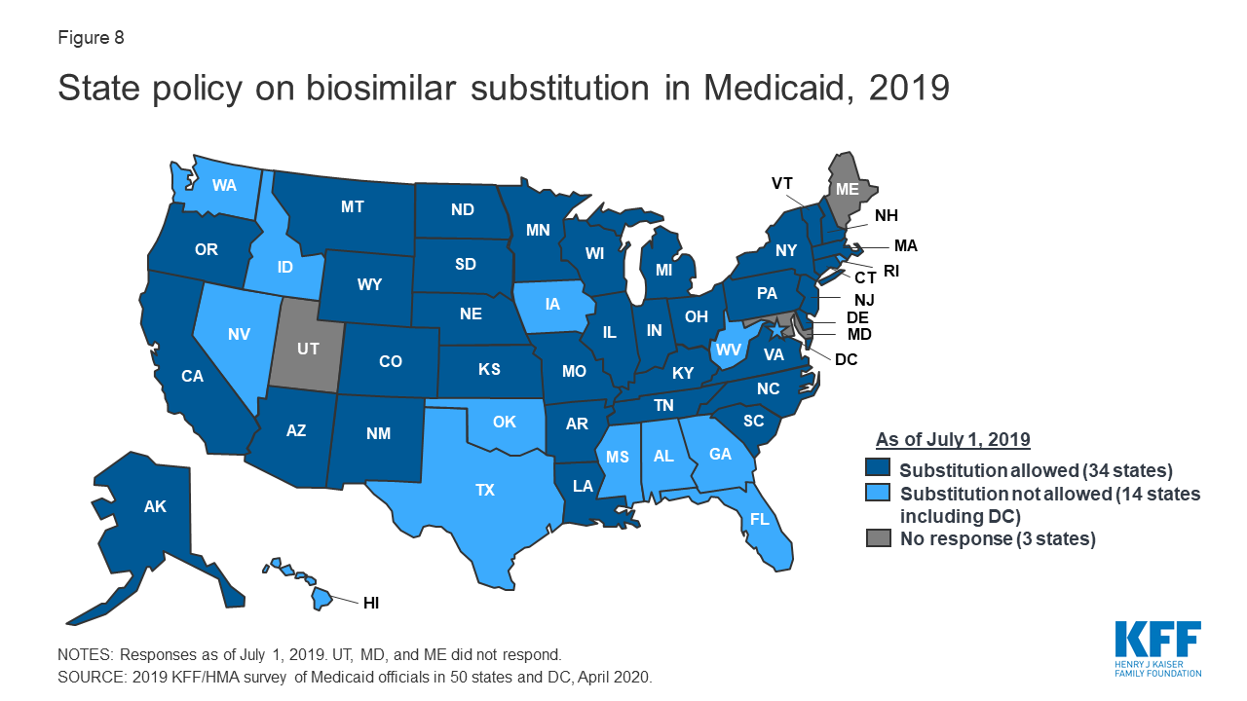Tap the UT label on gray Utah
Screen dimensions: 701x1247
[x=308, y=348]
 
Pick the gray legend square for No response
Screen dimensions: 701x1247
[x=880, y=539]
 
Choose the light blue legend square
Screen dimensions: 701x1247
[x=880, y=494]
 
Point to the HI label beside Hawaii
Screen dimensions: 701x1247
[x=370, y=604]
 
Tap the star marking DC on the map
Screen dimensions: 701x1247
[x=777, y=333]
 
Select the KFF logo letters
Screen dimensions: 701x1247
[x=1157, y=642]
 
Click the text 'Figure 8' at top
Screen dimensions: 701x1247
[x=91, y=39]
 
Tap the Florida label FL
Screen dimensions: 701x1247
[x=759, y=518]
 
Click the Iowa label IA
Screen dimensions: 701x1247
[x=552, y=304]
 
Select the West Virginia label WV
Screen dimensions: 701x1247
[x=727, y=349]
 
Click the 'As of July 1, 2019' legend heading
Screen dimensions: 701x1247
[x=953, y=438]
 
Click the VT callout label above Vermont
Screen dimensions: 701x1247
[x=781, y=183]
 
